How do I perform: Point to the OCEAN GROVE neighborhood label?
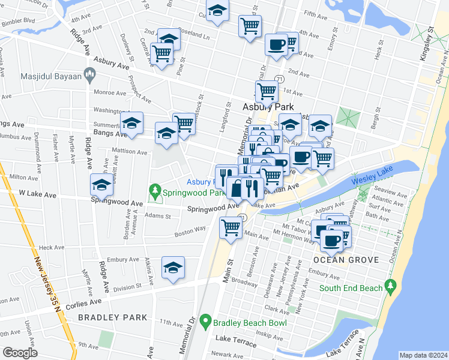point(346,260)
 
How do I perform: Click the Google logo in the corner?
point(20,353)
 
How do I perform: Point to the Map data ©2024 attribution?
point(423,355)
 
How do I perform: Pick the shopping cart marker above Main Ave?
point(231,227)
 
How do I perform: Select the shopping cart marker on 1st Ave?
point(267,91)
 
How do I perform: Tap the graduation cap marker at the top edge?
point(217,11)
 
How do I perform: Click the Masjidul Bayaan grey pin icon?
point(91,75)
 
